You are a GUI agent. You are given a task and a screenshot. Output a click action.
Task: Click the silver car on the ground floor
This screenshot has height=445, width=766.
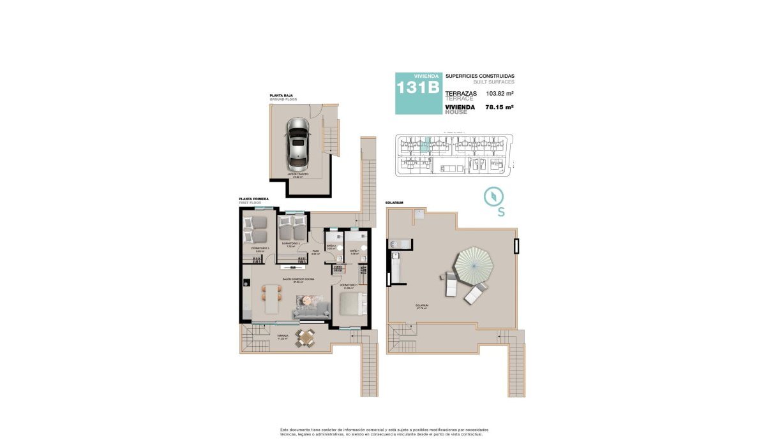click(297, 144)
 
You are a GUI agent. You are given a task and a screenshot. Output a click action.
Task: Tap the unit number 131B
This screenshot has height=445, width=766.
click(417, 87)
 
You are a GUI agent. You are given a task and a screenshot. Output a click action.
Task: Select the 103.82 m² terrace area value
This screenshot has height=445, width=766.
click(500, 94)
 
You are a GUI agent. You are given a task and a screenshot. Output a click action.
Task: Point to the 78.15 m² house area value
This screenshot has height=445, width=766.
click(500, 107)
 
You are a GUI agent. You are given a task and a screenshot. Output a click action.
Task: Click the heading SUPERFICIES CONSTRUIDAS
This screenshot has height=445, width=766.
click(479, 75)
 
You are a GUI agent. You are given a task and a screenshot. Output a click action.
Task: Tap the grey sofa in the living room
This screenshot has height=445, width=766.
click(311, 310)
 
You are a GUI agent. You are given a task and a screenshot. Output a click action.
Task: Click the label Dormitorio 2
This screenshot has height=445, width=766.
click(291, 244)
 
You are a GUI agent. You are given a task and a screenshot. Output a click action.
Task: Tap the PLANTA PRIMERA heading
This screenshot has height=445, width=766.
click(253, 199)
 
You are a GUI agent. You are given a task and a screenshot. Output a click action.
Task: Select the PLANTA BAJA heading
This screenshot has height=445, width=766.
click(281, 97)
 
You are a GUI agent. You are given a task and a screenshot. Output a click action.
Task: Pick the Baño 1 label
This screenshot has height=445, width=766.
click(354, 251)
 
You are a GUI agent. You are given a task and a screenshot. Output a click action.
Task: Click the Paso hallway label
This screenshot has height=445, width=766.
click(315, 251)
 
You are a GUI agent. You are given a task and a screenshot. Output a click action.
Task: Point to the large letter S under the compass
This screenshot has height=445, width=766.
click(501, 212)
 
